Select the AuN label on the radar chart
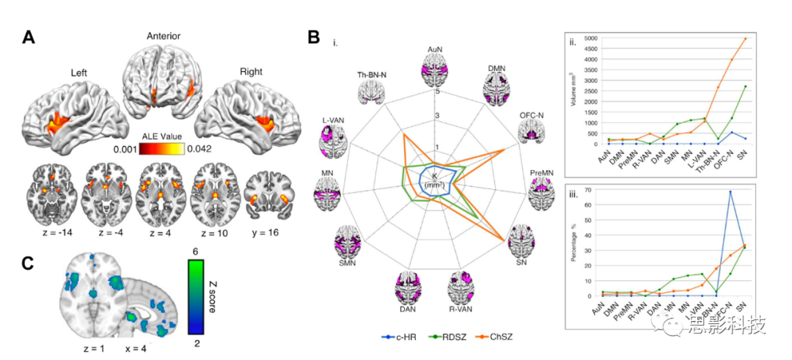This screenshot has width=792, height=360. [436, 49]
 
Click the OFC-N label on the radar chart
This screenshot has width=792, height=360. [531, 114]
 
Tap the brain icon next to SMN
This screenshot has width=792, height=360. [351, 244]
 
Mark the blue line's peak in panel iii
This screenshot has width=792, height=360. [730, 191]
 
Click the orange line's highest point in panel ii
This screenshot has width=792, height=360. [746, 38]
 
